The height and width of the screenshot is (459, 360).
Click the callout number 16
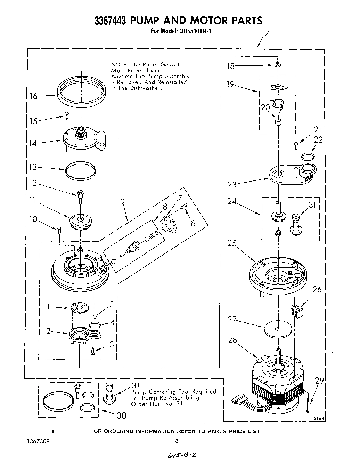[33, 96]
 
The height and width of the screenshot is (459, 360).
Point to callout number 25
[232, 243]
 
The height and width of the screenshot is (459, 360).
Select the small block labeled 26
[296, 310]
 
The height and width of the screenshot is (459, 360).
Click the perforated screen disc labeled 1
[79, 308]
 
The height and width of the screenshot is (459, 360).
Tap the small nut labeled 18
[277, 65]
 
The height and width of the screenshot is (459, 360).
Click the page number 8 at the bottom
[177, 441]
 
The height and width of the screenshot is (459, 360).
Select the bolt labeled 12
[80, 197]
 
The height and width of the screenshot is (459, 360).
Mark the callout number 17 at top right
[265, 34]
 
